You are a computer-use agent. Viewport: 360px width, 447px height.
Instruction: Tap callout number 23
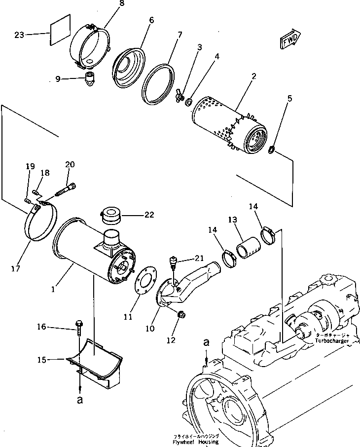coord(19,35)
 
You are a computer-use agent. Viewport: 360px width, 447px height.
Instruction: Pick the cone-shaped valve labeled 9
coord(90,78)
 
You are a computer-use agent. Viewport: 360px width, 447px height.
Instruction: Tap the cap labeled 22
coord(111,215)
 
